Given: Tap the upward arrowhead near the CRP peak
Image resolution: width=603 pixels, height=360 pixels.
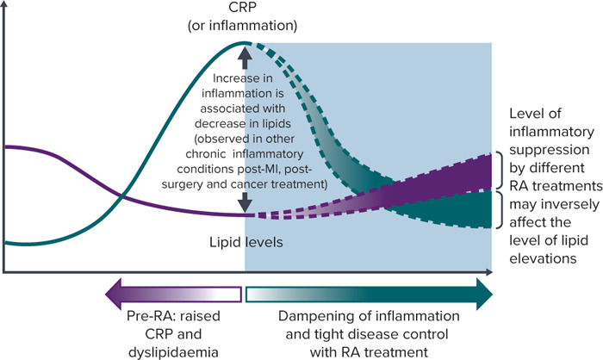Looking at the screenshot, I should click(x=245, y=53).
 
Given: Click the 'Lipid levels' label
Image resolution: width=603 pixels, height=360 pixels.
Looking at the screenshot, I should click(x=245, y=242).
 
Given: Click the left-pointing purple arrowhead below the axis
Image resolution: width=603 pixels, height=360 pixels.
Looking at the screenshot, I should click(x=111, y=294).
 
